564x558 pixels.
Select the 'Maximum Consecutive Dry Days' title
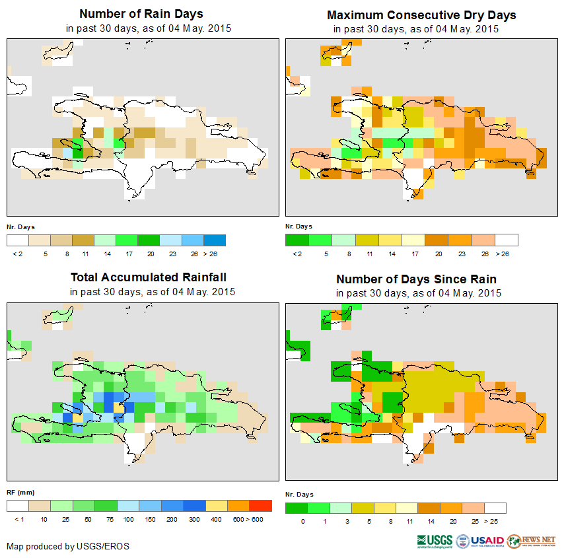tap(421, 15)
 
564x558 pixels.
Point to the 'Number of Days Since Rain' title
tap(416, 279)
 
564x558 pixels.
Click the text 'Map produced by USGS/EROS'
tap(68, 546)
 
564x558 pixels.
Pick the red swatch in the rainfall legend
tap(261, 506)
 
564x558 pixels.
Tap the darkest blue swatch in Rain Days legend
tap(215, 240)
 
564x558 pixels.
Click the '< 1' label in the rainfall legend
tap(18, 520)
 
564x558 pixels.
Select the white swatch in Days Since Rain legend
tap(495, 508)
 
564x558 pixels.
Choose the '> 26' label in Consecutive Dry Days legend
tap(507, 254)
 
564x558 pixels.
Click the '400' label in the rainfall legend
tap(216, 520)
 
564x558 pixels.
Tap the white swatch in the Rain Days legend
tap(18, 240)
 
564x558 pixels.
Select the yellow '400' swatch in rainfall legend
tap(216, 506)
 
